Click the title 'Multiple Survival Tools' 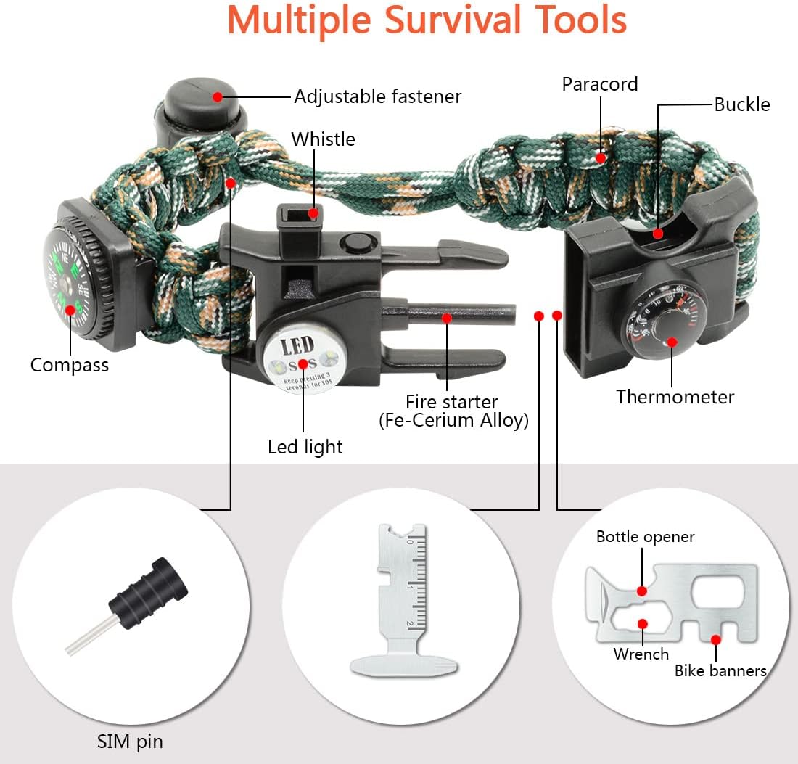click(427, 20)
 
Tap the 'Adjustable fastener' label click(377, 96)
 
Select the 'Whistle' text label click(323, 139)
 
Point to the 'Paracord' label click(600, 84)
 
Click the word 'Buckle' click(741, 104)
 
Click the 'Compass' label click(70, 364)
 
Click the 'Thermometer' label click(675, 397)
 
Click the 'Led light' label click(305, 447)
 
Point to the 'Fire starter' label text click(452, 402)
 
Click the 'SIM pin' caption click(130, 742)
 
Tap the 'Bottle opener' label click(645, 537)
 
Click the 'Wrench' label click(641, 654)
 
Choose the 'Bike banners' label click(720, 670)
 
